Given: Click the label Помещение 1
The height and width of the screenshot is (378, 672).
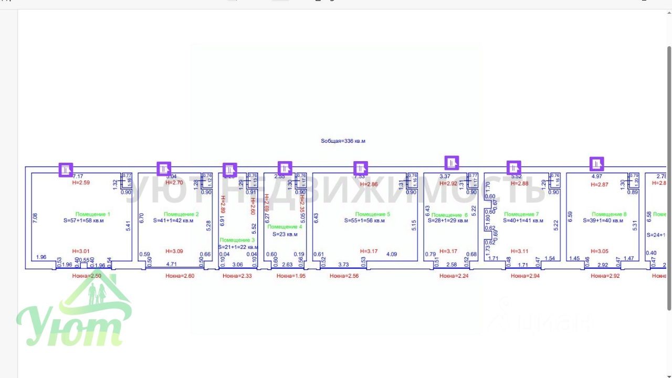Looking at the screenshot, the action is click(93, 214).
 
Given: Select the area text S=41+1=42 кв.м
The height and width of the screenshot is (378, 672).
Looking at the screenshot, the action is click(173, 221).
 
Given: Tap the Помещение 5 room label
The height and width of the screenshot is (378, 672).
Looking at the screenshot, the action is click(373, 214).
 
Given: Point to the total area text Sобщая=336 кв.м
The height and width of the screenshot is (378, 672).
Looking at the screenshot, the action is click(343, 141).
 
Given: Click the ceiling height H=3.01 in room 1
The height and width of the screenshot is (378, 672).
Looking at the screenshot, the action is click(81, 251).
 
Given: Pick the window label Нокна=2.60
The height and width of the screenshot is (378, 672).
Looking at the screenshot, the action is click(180, 276).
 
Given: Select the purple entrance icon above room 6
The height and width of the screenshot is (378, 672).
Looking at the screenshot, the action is click(452, 163).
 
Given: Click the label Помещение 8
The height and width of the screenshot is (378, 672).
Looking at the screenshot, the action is click(610, 214).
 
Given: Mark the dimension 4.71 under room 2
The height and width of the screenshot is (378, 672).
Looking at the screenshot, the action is click(171, 265).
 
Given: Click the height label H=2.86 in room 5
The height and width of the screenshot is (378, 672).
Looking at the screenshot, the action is click(369, 184).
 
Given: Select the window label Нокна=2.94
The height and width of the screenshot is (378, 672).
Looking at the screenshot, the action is click(525, 276).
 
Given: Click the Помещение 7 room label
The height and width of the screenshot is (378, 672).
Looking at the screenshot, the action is click(521, 214).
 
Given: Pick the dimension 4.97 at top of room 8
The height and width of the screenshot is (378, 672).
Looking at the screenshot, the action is click(596, 176).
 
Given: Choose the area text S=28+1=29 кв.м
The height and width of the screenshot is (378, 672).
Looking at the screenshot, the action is click(450, 221).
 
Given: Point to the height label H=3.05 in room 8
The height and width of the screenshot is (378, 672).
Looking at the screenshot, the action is click(600, 251).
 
